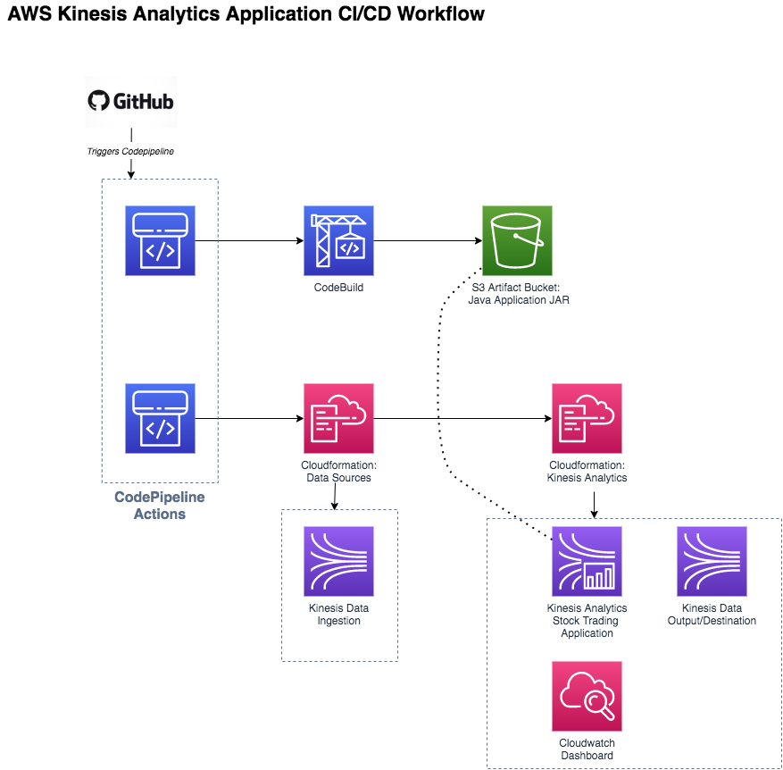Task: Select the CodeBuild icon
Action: pyautogui.click(x=338, y=241)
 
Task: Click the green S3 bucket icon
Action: pyautogui.click(x=517, y=241)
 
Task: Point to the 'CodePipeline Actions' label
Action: pyautogui.click(x=160, y=506)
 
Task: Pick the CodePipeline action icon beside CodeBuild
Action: pyautogui.click(x=160, y=241)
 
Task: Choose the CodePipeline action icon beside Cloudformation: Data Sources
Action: pyautogui.click(x=160, y=419)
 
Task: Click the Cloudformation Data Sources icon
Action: pyautogui.click(x=338, y=419)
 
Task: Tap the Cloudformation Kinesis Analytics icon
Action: pyautogui.click(x=587, y=419)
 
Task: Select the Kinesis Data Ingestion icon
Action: pyautogui.click(x=338, y=561)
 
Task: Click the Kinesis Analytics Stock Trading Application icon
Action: pyautogui.click(x=587, y=561)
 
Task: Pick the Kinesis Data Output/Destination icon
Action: pyautogui.click(x=712, y=561)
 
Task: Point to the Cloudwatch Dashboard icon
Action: pyautogui.click(x=587, y=697)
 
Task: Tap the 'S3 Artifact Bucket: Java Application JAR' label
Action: pyautogui.click(x=518, y=294)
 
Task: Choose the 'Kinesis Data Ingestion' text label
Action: pyautogui.click(x=338, y=615)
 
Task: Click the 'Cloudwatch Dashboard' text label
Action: pyautogui.click(x=587, y=749)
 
